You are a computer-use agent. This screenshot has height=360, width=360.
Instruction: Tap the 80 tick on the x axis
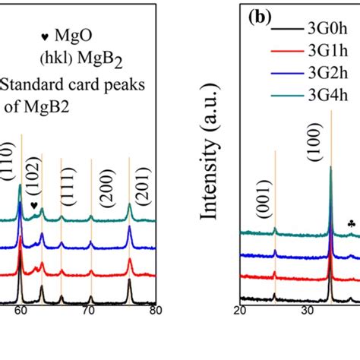pos(155,310)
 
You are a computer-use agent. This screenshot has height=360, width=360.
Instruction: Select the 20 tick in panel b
pos(240,310)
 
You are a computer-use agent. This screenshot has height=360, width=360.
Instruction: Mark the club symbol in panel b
pos(350,223)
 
